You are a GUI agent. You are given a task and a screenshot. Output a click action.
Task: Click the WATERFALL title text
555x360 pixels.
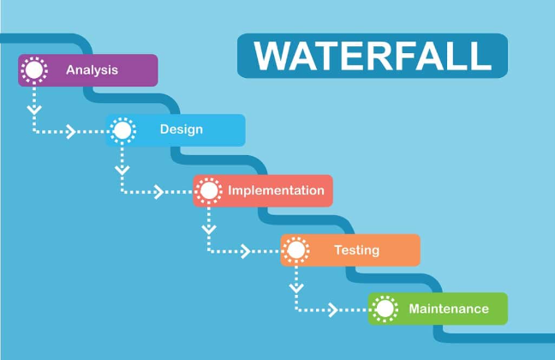click(373, 56)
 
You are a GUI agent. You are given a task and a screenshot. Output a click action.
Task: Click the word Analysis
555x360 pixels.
click(92, 70)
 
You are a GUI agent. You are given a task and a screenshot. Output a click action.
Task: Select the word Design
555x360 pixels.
click(182, 130)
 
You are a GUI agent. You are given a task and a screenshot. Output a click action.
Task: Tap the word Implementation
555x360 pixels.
click(276, 190)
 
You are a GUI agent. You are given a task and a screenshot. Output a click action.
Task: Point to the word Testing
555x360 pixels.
click(356, 250)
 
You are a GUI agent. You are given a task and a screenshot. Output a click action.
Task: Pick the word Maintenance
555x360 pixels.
click(449, 309)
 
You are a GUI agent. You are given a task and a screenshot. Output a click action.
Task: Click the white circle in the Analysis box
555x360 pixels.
click(34, 70)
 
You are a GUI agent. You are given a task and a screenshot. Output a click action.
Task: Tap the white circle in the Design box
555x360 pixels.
click(122, 130)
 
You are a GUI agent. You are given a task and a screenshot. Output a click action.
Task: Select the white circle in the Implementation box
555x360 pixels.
click(209, 190)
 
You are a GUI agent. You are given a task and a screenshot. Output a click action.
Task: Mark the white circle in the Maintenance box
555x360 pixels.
click(385, 309)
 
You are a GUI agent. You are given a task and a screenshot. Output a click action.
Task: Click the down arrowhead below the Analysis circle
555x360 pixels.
click(34, 110)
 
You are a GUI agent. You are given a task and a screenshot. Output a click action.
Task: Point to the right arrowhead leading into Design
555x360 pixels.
click(72, 131)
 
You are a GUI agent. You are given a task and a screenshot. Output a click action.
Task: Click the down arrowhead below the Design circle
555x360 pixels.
click(122, 170)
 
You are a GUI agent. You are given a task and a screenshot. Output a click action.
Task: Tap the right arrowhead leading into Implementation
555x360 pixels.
click(158, 191)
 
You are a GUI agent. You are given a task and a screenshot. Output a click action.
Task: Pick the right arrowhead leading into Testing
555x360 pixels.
click(246, 251)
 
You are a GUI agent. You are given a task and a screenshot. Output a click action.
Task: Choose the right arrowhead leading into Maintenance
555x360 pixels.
click(334, 309)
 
